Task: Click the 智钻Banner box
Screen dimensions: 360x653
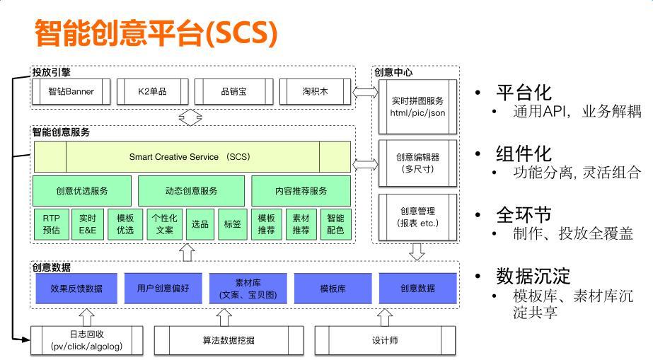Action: coord(71,91)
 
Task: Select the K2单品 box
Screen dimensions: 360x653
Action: coord(152,91)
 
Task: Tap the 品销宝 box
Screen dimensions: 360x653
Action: coord(233,91)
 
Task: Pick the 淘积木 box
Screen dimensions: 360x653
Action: coord(315,91)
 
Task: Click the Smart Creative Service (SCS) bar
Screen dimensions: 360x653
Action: coord(192,156)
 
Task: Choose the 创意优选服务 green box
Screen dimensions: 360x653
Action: coord(82,191)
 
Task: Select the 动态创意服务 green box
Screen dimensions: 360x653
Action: coord(191,191)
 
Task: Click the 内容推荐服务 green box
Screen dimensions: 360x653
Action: coord(301,191)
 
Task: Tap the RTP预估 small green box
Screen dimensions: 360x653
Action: coord(51,224)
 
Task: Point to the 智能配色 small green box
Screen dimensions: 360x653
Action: coord(335,224)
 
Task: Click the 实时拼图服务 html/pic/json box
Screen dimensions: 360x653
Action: coord(417,107)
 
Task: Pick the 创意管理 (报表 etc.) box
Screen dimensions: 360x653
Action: coord(417,217)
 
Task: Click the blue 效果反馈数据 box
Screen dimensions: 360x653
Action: coord(76,289)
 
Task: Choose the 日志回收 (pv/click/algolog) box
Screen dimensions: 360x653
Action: coord(86,340)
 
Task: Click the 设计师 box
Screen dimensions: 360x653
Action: coord(385,340)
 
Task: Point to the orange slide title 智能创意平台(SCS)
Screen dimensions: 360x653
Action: coord(155,33)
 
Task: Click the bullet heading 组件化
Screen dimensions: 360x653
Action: coord(524,153)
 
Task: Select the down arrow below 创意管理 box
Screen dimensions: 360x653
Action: coord(417,251)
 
